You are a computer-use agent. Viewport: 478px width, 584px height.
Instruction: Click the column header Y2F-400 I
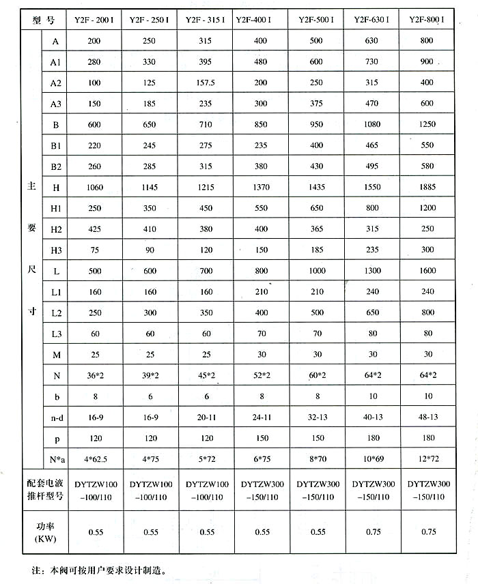click(x=258, y=20)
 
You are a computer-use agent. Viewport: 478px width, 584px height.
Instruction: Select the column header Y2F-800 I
click(x=427, y=20)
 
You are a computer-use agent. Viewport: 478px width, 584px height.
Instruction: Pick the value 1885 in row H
click(x=427, y=186)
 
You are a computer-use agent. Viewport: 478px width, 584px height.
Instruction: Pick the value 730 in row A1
click(x=371, y=61)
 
